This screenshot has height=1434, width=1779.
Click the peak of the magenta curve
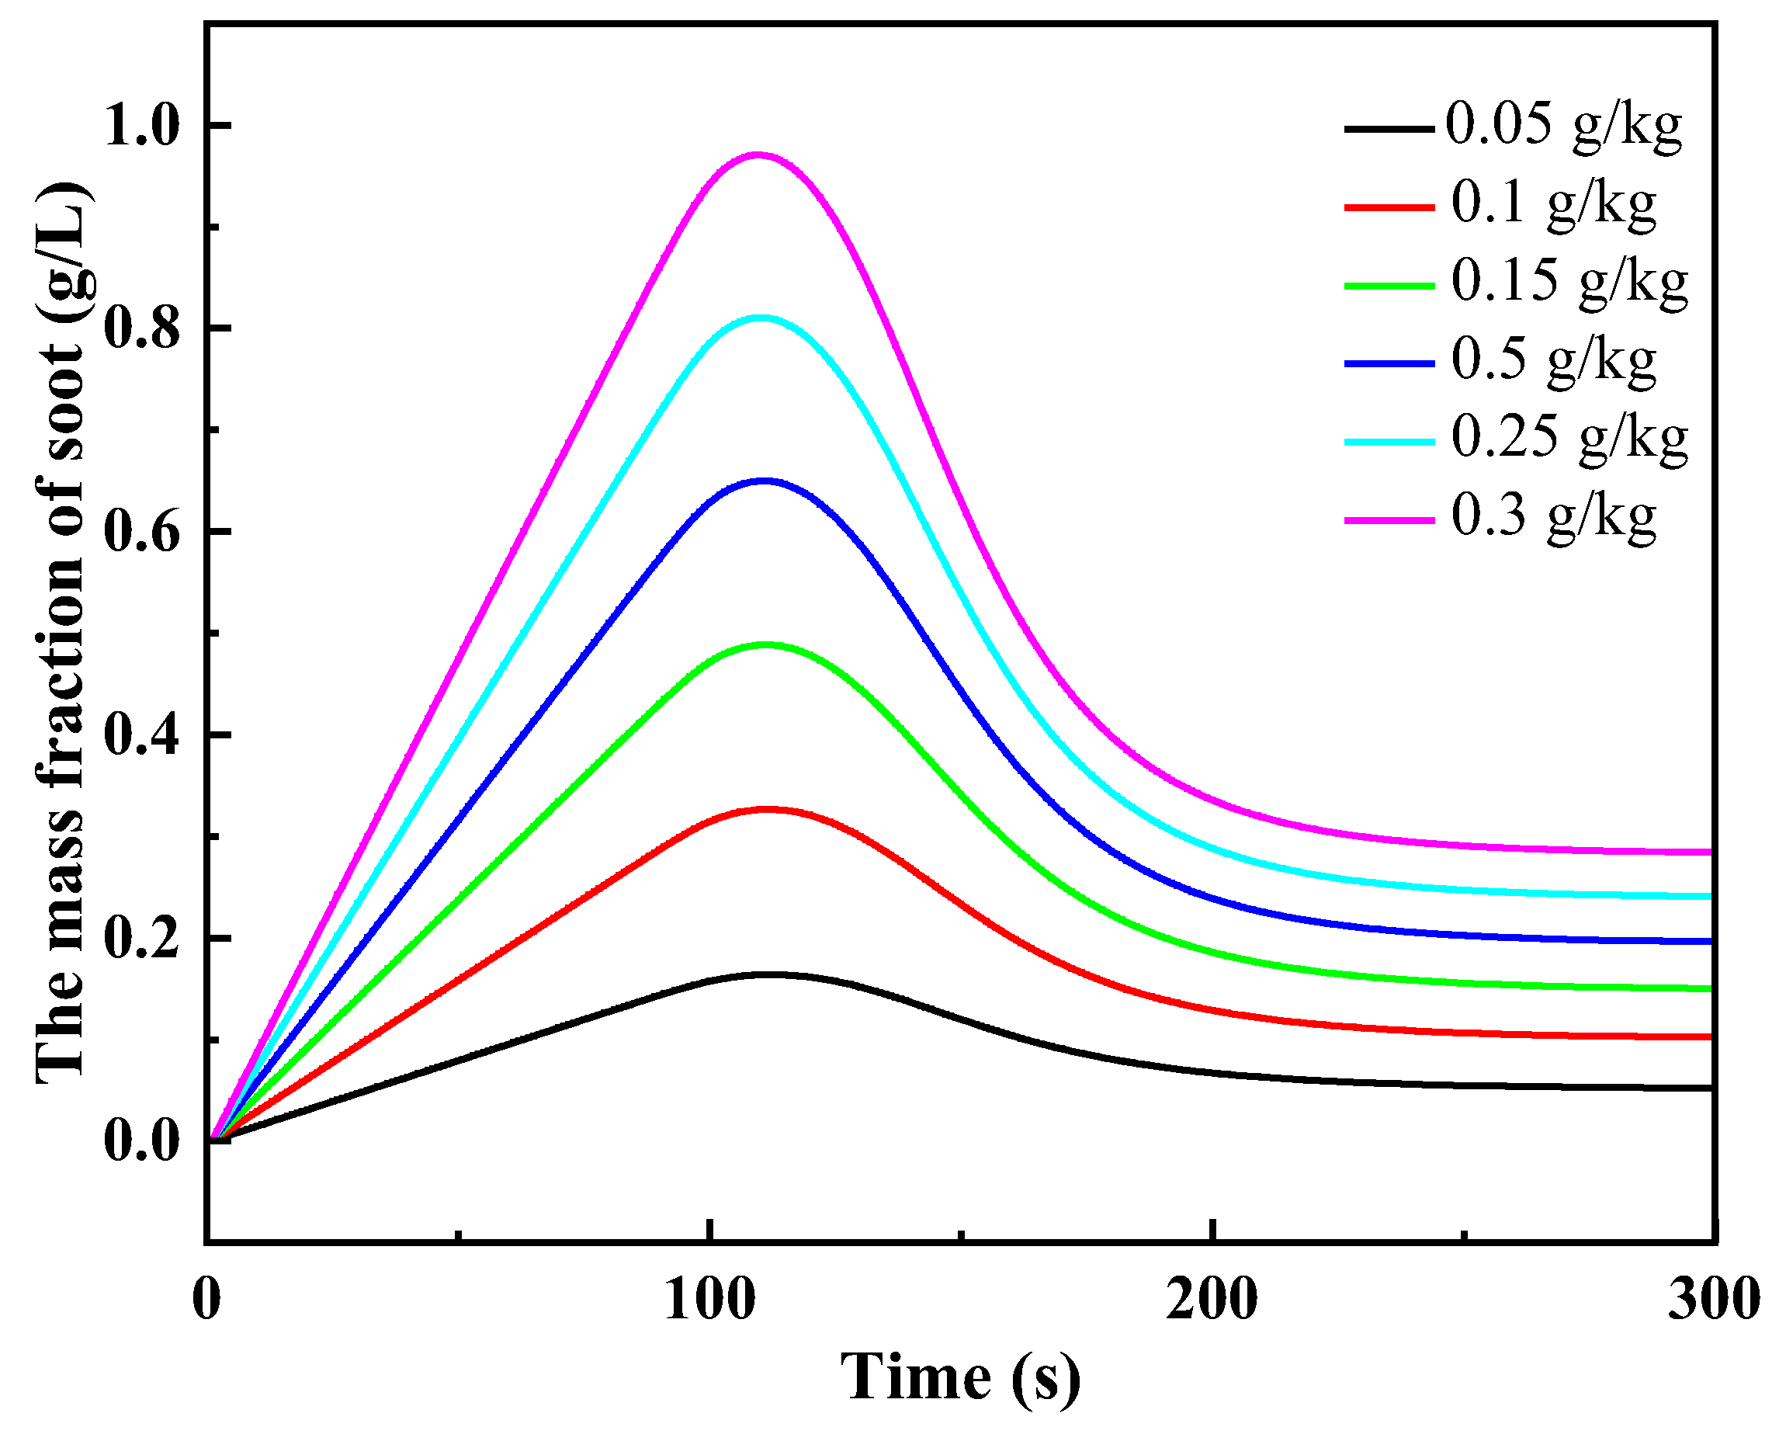tap(758, 155)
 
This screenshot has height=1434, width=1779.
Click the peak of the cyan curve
tap(761, 318)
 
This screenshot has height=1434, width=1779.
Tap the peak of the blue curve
tap(765, 480)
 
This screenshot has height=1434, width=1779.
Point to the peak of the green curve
tap(766, 644)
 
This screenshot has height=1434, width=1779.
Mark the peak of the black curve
tap(772, 974)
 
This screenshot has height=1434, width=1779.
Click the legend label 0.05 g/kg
tap(1562, 127)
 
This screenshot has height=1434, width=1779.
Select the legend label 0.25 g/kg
tap(1569, 439)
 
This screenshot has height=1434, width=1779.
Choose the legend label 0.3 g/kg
tap(1552, 518)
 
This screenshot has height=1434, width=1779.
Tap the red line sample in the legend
tap(1389, 207)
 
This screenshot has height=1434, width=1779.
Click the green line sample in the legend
tap(1389, 285)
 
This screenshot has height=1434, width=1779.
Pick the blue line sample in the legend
tap(1389, 363)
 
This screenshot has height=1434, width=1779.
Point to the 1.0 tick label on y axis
tap(141, 127)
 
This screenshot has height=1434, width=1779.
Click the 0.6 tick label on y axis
tap(141, 533)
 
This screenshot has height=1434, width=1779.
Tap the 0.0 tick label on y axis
tap(141, 1141)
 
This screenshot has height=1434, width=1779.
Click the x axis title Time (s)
tap(959, 1377)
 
